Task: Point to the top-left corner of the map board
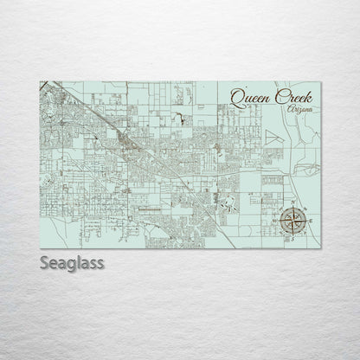[x=41, y=81]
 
